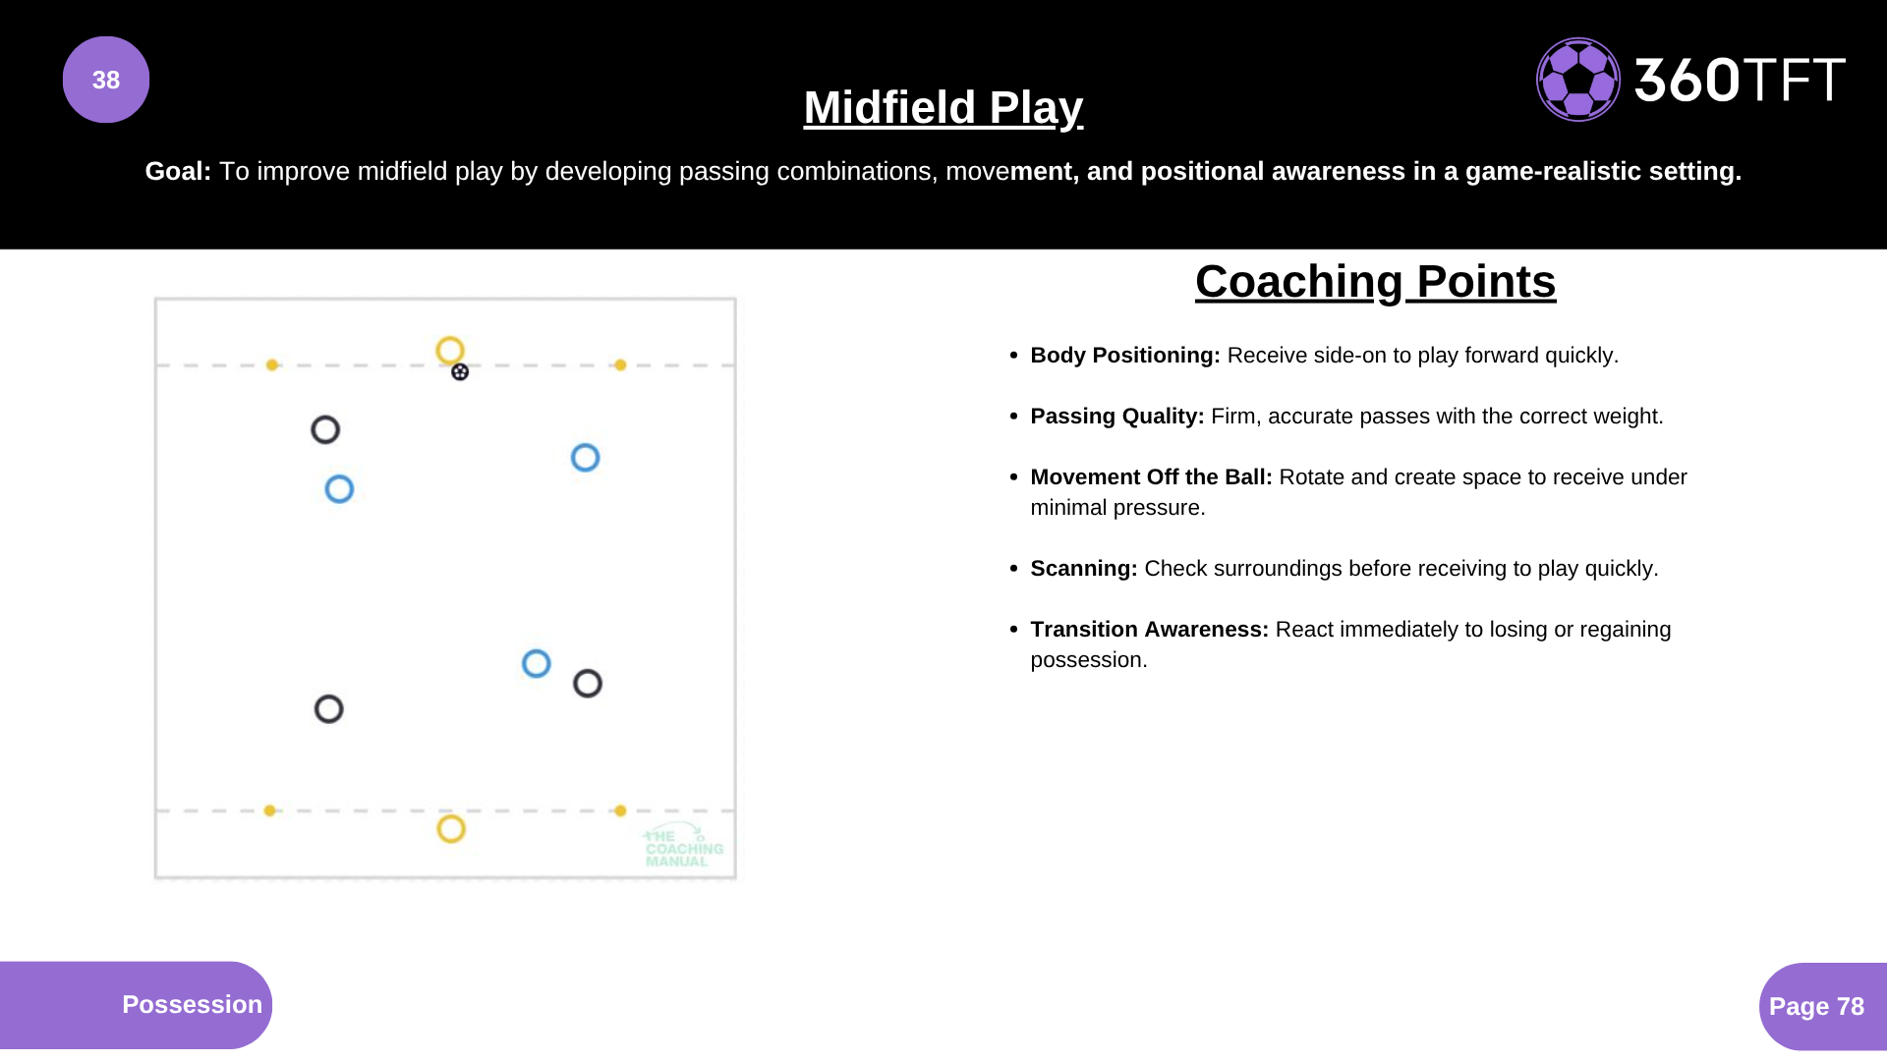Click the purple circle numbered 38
pos(106,80)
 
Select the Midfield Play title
pos(943,107)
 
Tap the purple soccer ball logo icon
pos(1578,80)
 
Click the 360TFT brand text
pos(1740,80)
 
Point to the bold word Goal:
pos(178,171)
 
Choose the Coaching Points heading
pos(1375,282)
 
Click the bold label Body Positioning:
pos(1125,356)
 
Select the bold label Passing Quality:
pos(1117,417)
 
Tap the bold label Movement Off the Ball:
pos(1151,477)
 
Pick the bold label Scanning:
pos(1084,569)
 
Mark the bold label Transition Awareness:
pos(1150,630)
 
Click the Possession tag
pos(193,1005)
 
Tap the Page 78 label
pos(1816,1007)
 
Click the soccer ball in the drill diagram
pos(460,372)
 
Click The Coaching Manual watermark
pos(684,847)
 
